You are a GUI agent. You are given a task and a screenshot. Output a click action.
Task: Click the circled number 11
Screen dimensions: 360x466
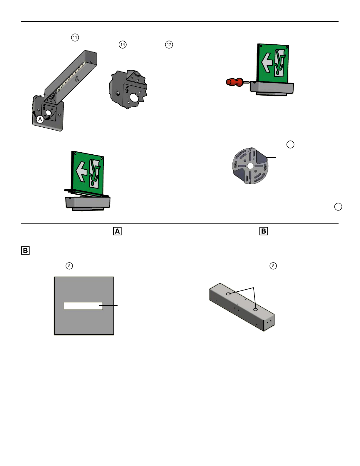click(x=75, y=38)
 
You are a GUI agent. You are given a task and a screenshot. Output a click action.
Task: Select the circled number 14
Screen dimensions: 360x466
click(x=123, y=45)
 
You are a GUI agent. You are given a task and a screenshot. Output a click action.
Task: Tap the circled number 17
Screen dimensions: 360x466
click(x=169, y=45)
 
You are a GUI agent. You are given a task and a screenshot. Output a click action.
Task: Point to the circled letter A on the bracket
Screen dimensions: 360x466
click(x=40, y=119)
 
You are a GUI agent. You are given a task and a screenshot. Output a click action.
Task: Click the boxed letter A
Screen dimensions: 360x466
click(x=117, y=231)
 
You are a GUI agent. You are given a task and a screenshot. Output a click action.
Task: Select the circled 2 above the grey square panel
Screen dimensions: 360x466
click(x=69, y=266)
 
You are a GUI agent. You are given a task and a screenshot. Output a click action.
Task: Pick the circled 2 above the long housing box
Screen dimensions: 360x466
click(x=273, y=266)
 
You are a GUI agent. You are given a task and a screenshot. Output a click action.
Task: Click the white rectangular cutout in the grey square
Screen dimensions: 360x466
click(x=83, y=306)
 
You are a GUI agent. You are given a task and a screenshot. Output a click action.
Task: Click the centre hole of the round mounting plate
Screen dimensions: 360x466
click(x=250, y=166)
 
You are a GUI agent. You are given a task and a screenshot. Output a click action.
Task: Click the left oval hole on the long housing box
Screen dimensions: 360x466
click(x=229, y=294)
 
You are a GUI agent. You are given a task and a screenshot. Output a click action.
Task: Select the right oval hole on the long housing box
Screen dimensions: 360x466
click(x=255, y=310)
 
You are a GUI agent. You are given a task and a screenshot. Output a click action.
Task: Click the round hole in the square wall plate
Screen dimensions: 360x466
click(x=48, y=113)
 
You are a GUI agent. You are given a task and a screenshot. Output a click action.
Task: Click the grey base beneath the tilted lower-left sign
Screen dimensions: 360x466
click(x=88, y=203)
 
